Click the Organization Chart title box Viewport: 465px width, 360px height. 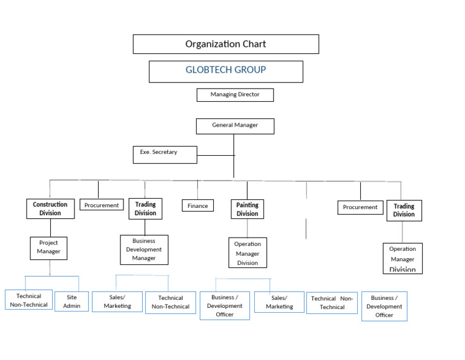pyautogui.click(x=226, y=44)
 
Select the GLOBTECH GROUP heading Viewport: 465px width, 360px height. pyautogui.click(x=226, y=71)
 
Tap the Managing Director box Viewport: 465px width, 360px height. pyautogui.click(x=235, y=95)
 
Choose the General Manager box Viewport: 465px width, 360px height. pyautogui.click(x=235, y=126)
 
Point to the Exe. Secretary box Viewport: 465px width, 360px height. pyautogui.click(x=165, y=155)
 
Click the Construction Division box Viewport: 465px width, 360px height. pyautogui.click(x=50, y=209)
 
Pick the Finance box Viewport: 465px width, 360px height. pyautogui.click(x=197, y=206)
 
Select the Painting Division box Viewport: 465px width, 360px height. pyautogui.click(x=247, y=210)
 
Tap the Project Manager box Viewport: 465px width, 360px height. pyautogui.click(x=48, y=248)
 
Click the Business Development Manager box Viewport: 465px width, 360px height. pyautogui.click(x=144, y=250)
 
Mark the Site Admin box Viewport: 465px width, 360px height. pyautogui.click(x=71, y=302)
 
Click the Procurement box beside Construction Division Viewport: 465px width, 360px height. pyautogui.click(x=102, y=205)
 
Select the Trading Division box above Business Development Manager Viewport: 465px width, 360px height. pyautogui.click(x=145, y=209)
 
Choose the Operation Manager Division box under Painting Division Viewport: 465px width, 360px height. pyautogui.click(x=248, y=253)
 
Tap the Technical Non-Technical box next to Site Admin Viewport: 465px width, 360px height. pyautogui.click(x=28, y=300)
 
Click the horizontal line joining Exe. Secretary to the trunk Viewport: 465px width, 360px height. pyautogui.click(x=216, y=155)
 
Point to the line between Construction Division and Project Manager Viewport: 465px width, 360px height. pyautogui.click(x=50, y=227)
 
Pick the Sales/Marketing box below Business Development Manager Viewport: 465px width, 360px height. pyautogui.click(x=117, y=302)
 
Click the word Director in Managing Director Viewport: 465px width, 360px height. pyautogui.click(x=248, y=95)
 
